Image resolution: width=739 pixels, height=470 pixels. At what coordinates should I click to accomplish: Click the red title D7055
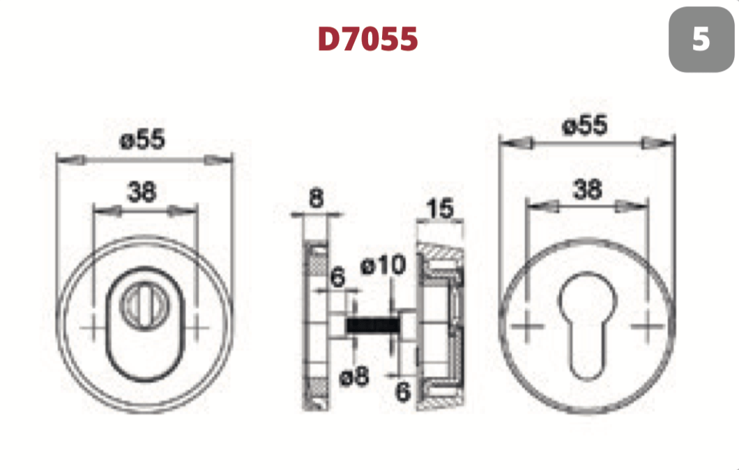(367, 38)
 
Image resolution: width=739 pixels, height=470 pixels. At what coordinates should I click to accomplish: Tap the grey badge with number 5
(701, 39)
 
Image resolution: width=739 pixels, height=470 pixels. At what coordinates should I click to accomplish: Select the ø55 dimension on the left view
(142, 139)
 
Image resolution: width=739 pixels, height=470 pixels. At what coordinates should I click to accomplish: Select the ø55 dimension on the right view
(585, 126)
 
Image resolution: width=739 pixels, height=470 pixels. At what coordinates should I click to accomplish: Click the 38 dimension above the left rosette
(142, 192)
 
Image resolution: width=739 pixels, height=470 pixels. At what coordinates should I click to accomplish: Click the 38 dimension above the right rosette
(587, 190)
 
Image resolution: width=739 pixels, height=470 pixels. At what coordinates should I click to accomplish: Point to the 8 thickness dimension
(317, 198)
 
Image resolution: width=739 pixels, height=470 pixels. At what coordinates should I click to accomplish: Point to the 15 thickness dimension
(440, 209)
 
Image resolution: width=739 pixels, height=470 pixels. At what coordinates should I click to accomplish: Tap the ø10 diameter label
(383, 265)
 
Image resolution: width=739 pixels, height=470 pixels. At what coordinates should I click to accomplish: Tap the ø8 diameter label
(354, 376)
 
